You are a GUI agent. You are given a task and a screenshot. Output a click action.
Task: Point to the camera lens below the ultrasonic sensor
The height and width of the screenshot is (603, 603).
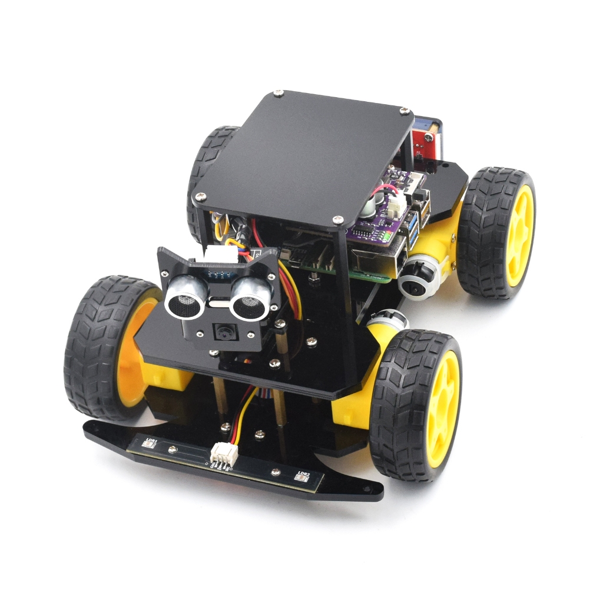pos(224,333)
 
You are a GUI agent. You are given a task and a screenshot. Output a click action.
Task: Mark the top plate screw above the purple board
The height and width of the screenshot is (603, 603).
pos(337,220)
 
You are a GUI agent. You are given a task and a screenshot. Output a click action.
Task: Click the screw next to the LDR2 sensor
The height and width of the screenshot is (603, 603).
pos(274,471)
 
